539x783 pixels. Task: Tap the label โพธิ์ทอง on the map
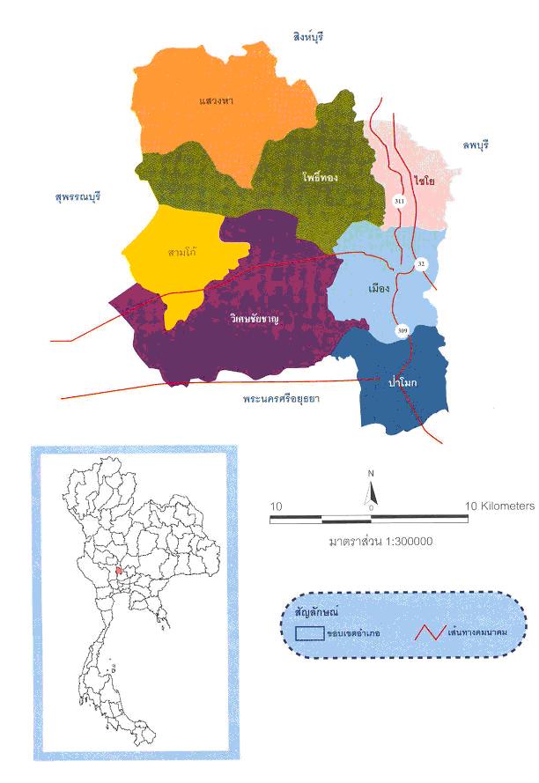(x=318, y=177)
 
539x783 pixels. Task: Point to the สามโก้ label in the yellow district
(x=181, y=251)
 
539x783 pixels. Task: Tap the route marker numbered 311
(x=399, y=202)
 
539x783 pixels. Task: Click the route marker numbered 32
(x=421, y=263)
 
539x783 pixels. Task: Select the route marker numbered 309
(x=402, y=330)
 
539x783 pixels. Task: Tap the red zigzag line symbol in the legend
(x=430, y=632)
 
